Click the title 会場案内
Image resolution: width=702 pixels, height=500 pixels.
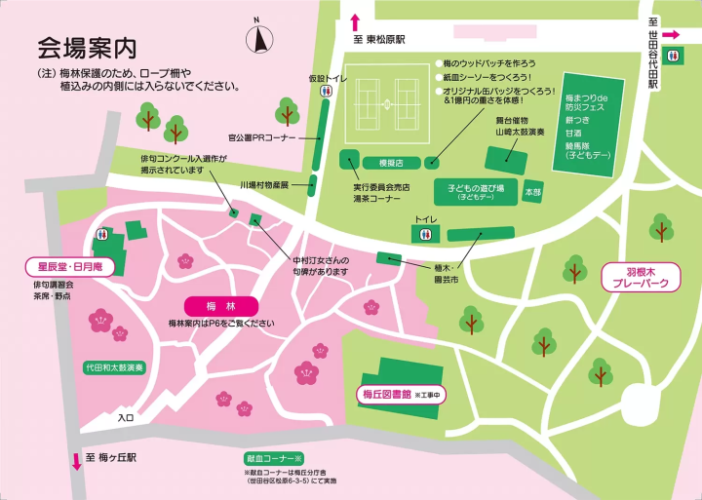pos(86,47)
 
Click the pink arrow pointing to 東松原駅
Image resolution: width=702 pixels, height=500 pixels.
pos(355,22)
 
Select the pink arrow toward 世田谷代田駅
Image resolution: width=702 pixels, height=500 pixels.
pos(671,36)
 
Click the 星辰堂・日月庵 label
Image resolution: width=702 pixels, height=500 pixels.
pos(70,266)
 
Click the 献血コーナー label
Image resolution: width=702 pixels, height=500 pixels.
pos(275,458)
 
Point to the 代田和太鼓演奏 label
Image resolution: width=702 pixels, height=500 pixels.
pos(114,368)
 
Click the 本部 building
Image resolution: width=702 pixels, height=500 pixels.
pos(532,192)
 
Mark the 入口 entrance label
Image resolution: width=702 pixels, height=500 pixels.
pos(125,417)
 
